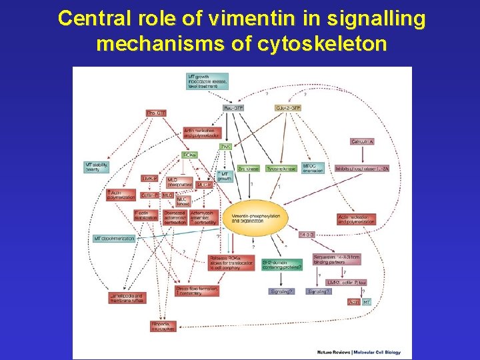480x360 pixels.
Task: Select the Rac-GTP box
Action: [x=232, y=108]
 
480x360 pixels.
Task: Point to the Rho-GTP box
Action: [x=156, y=113]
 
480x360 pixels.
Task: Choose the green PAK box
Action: [x=226, y=146]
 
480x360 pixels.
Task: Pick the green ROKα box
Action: [x=189, y=155]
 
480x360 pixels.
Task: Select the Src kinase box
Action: [x=249, y=169]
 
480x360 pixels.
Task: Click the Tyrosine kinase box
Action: [x=281, y=169]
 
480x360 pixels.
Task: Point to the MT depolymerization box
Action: [x=114, y=238]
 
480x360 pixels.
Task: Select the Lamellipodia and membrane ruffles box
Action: [x=127, y=297]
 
